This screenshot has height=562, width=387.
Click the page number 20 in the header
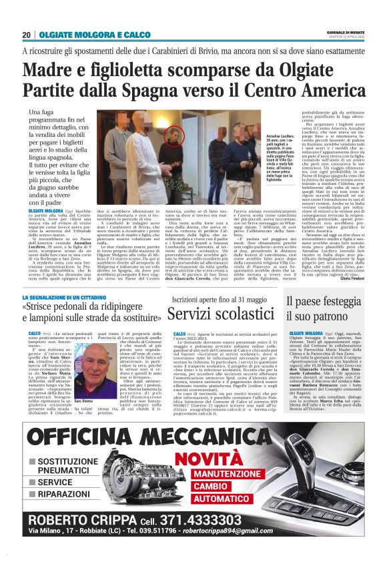click(26, 35)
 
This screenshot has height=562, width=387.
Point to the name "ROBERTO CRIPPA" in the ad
click(87, 521)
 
